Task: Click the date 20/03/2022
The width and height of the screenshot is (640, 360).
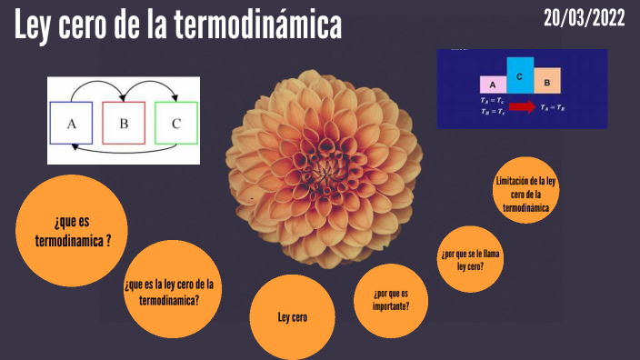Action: coord(585,18)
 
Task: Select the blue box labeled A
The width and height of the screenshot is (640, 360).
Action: coord(72,124)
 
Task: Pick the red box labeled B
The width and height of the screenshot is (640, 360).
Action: coord(125,124)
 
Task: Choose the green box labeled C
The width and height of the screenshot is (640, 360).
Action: coord(176,124)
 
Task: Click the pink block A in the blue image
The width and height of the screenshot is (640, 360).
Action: coord(492,84)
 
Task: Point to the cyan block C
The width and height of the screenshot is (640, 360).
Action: coord(520,76)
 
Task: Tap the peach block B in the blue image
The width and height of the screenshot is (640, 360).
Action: coord(547,82)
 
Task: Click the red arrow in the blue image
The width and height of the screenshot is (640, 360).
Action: coord(522,106)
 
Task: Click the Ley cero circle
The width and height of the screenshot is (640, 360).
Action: coord(293,317)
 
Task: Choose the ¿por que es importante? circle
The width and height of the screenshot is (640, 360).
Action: coord(390,299)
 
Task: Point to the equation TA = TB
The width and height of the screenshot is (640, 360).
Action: coord(553,106)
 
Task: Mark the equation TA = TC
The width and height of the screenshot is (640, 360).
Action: coord(492,101)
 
